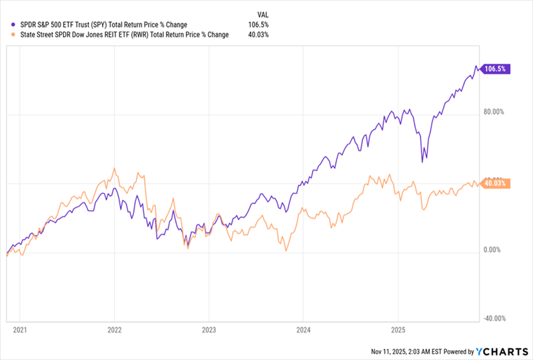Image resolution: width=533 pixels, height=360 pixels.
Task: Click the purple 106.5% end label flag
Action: pyautogui.click(x=495, y=69)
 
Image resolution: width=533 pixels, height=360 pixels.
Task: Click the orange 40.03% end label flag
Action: pyautogui.click(x=494, y=183)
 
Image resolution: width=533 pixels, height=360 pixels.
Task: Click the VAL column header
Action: pyautogui.click(x=264, y=13)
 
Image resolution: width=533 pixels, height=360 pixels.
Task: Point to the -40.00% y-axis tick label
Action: pyautogui.click(x=495, y=319)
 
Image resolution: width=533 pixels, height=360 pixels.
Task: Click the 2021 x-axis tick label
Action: pyautogui.click(x=20, y=329)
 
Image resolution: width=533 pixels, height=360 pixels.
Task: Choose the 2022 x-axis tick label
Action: pyautogui.click(x=115, y=329)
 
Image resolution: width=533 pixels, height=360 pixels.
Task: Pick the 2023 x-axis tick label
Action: pyautogui.click(x=209, y=329)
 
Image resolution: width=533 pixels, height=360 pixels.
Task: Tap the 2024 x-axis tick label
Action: pyautogui.click(x=303, y=329)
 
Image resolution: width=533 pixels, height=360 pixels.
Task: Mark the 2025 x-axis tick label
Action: pyautogui.click(x=398, y=329)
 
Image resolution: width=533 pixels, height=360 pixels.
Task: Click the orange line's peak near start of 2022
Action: pyautogui.click(x=115, y=169)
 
